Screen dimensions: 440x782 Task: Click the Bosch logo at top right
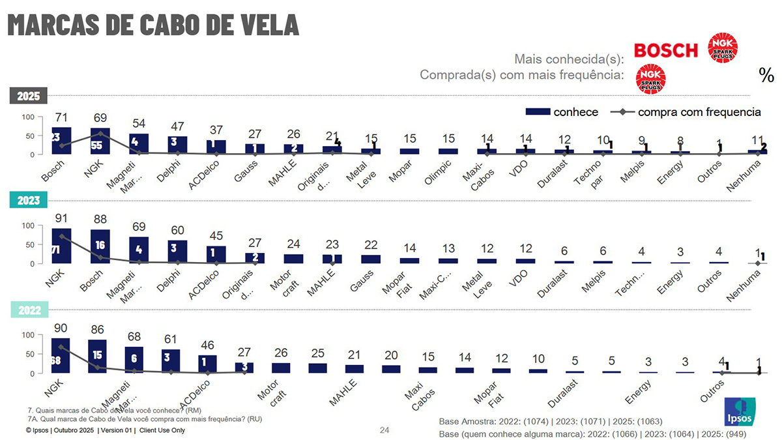(665, 50)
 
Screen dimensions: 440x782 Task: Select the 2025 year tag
(28, 96)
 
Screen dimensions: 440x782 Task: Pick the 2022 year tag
(28, 311)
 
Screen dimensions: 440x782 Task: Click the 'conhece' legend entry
(563, 112)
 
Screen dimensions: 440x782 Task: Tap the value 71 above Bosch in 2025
(62, 118)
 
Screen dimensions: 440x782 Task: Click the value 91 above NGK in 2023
(62, 218)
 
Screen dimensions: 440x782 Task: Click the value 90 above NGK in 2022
(62, 327)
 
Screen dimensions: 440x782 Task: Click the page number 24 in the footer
(384, 430)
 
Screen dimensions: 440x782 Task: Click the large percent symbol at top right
(766, 75)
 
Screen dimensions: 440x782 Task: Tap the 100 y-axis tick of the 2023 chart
(28, 226)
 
